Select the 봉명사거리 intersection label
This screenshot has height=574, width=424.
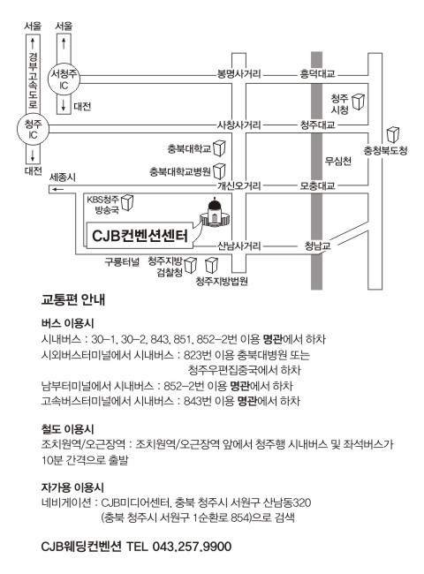238,74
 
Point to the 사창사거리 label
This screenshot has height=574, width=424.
238,125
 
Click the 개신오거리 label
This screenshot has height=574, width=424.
238,185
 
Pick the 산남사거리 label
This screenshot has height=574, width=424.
238,245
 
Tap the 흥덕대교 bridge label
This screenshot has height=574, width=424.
317,74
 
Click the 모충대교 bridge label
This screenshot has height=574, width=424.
317,185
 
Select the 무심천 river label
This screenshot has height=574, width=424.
338,161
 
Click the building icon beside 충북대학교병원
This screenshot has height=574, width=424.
219,171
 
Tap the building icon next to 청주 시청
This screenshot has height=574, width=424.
358,102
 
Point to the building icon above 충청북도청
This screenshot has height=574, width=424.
393,135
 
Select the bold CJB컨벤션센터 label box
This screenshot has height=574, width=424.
140,236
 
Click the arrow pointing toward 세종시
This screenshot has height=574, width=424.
57,189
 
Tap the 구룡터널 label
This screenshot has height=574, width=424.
122,262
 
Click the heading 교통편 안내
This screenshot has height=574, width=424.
73,300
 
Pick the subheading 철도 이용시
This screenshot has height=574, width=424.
68,428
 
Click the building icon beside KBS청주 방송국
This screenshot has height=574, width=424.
127,202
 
